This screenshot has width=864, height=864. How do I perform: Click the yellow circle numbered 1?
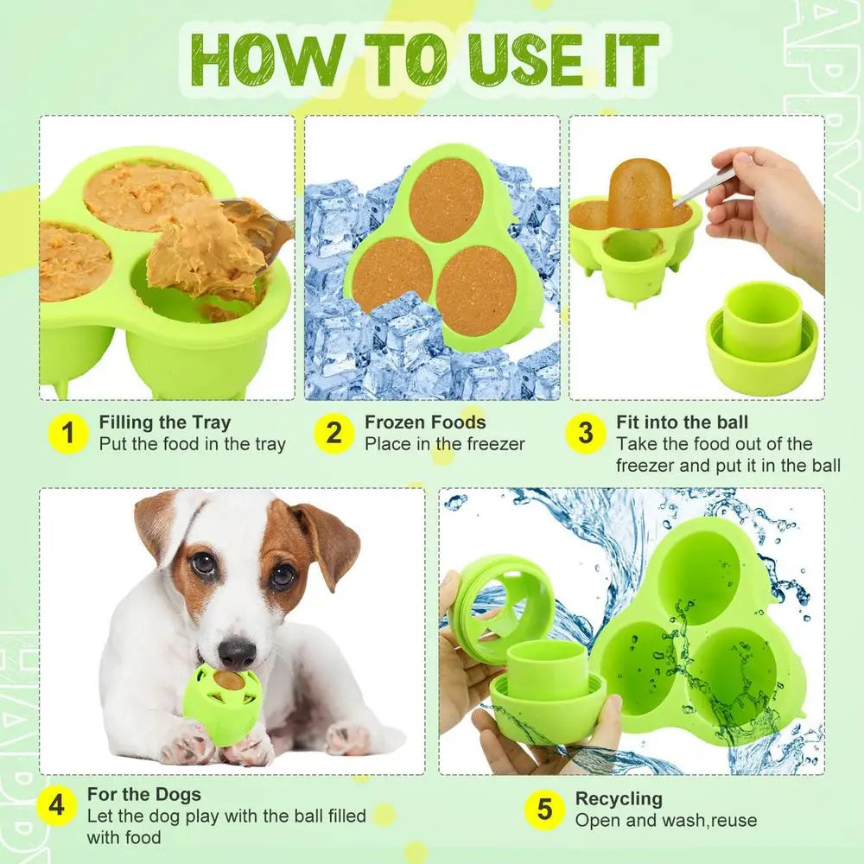[70, 434]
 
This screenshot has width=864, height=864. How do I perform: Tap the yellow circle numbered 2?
[334, 434]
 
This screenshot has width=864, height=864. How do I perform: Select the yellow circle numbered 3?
[586, 434]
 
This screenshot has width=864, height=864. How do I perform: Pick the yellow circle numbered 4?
[58, 805]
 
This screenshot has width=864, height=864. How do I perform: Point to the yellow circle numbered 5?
[544, 810]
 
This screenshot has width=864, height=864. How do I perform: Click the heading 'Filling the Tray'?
[165, 422]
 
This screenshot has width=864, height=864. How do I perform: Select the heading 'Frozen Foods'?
[425, 422]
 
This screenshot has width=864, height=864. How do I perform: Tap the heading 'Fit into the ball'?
[683, 422]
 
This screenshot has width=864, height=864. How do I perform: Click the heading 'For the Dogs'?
[144, 794]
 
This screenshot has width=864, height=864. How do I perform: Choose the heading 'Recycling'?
[619, 798]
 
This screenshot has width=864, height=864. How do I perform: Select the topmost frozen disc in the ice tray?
[445, 199]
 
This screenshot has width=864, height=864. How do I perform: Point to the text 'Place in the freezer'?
[444, 445]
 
